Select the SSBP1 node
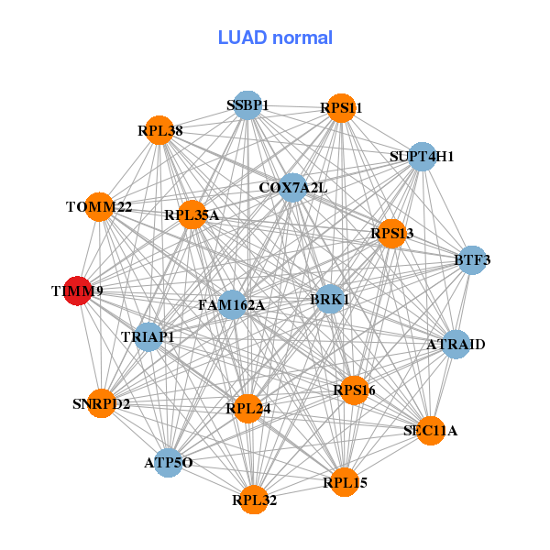(x=247, y=105)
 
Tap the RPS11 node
(x=341, y=108)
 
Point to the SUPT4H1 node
(x=422, y=157)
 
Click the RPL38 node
(x=161, y=131)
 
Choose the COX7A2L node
(x=292, y=188)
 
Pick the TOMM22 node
(x=99, y=207)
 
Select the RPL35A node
(x=192, y=215)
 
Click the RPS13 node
(x=391, y=234)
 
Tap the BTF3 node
(x=471, y=260)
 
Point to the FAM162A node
(x=232, y=304)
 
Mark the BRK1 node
(x=330, y=299)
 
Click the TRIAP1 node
(x=148, y=337)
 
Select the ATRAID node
(x=456, y=345)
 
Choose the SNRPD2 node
(x=103, y=403)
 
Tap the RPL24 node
(x=248, y=408)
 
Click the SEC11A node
(x=430, y=430)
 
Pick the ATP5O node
(x=169, y=463)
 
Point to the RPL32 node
(x=254, y=500)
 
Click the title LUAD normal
(x=275, y=38)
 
